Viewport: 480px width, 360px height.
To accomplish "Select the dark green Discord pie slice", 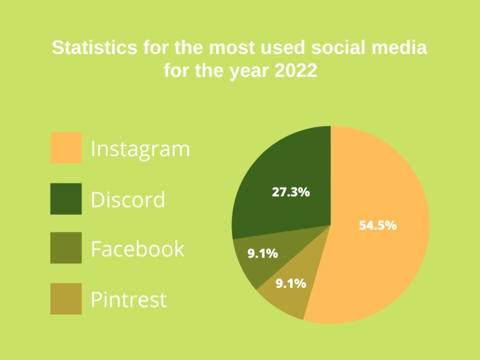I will coord(283,170).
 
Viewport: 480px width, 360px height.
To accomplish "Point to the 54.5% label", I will coord(378,226).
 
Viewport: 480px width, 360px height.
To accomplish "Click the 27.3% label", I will coord(290,192).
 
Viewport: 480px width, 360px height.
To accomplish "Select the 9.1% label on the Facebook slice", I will coord(263,254).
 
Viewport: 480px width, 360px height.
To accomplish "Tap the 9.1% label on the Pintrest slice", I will coord(291,283).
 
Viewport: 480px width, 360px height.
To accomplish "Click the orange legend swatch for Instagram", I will coord(66,148).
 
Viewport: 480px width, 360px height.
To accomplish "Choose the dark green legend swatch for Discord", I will coord(66,199).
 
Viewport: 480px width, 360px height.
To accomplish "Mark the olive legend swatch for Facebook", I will coord(66,248).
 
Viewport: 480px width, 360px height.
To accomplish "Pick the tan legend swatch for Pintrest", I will coord(66,298).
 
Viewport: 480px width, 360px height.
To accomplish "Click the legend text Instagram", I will coord(140,150).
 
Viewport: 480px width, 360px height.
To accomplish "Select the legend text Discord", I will coord(128,200).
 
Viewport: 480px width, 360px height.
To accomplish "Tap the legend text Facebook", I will coord(138,249).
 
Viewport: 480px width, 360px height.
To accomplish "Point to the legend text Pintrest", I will coord(129,299).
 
